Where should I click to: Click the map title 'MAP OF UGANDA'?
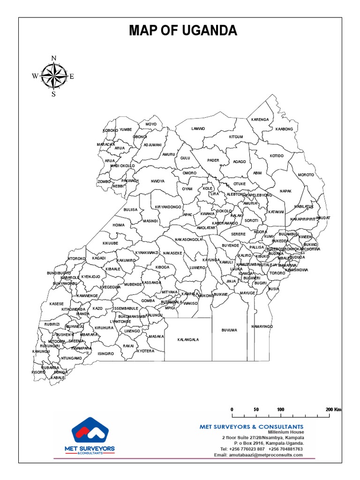[183, 31]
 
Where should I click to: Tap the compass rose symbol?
[53, 76]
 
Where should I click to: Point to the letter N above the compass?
[53, 58]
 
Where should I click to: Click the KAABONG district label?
[284, 129]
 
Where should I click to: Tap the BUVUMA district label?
[229, 330]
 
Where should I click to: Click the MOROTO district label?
[306, 175]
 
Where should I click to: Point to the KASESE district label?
[56, 304]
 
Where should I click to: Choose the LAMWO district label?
[198, 128]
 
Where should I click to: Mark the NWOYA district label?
[157, 181]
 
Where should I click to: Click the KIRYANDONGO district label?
[168, 207]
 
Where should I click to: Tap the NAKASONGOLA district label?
[188, 239]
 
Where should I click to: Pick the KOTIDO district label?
[277, 156]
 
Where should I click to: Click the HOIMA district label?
[119, 225]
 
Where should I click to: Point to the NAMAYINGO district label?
[262, 326]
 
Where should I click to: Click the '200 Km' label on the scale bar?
[334, 409]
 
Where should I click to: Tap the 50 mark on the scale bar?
[256, 409]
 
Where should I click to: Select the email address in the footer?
[255, 455]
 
